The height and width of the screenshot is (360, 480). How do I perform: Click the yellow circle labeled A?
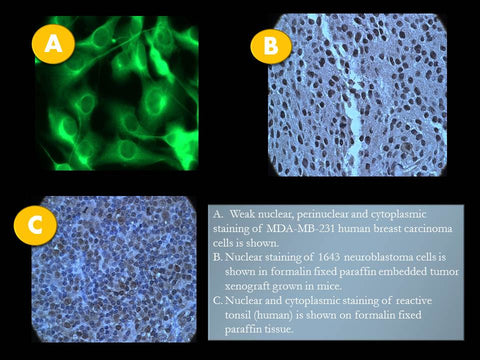53,44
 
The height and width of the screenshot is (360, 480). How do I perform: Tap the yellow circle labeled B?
271,44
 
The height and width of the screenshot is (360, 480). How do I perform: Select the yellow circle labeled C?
35,225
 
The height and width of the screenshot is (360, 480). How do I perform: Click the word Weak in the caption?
243,214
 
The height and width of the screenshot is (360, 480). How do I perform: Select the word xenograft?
247,286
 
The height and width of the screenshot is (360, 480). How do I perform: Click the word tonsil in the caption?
236,315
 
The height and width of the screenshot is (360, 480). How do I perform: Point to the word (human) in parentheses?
271,315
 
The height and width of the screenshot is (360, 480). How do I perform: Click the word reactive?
414,301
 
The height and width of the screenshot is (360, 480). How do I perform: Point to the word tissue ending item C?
279,330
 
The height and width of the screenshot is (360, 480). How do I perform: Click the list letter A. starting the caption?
219,214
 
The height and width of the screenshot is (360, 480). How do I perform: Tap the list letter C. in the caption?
218,301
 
